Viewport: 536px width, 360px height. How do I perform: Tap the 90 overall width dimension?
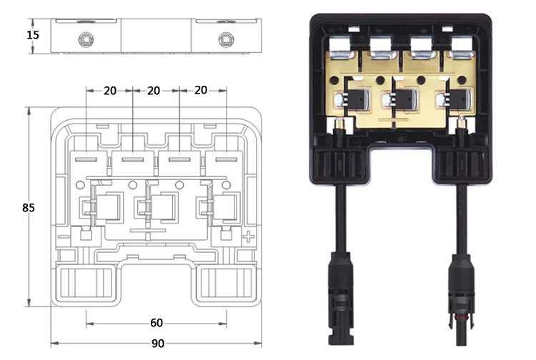(158, 343)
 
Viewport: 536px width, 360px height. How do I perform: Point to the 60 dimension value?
(158, 321)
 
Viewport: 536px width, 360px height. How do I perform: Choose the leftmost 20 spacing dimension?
(109, 90)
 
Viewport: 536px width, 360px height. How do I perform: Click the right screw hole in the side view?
(225, 36)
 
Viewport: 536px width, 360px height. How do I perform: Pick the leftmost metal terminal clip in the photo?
(339, 51)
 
